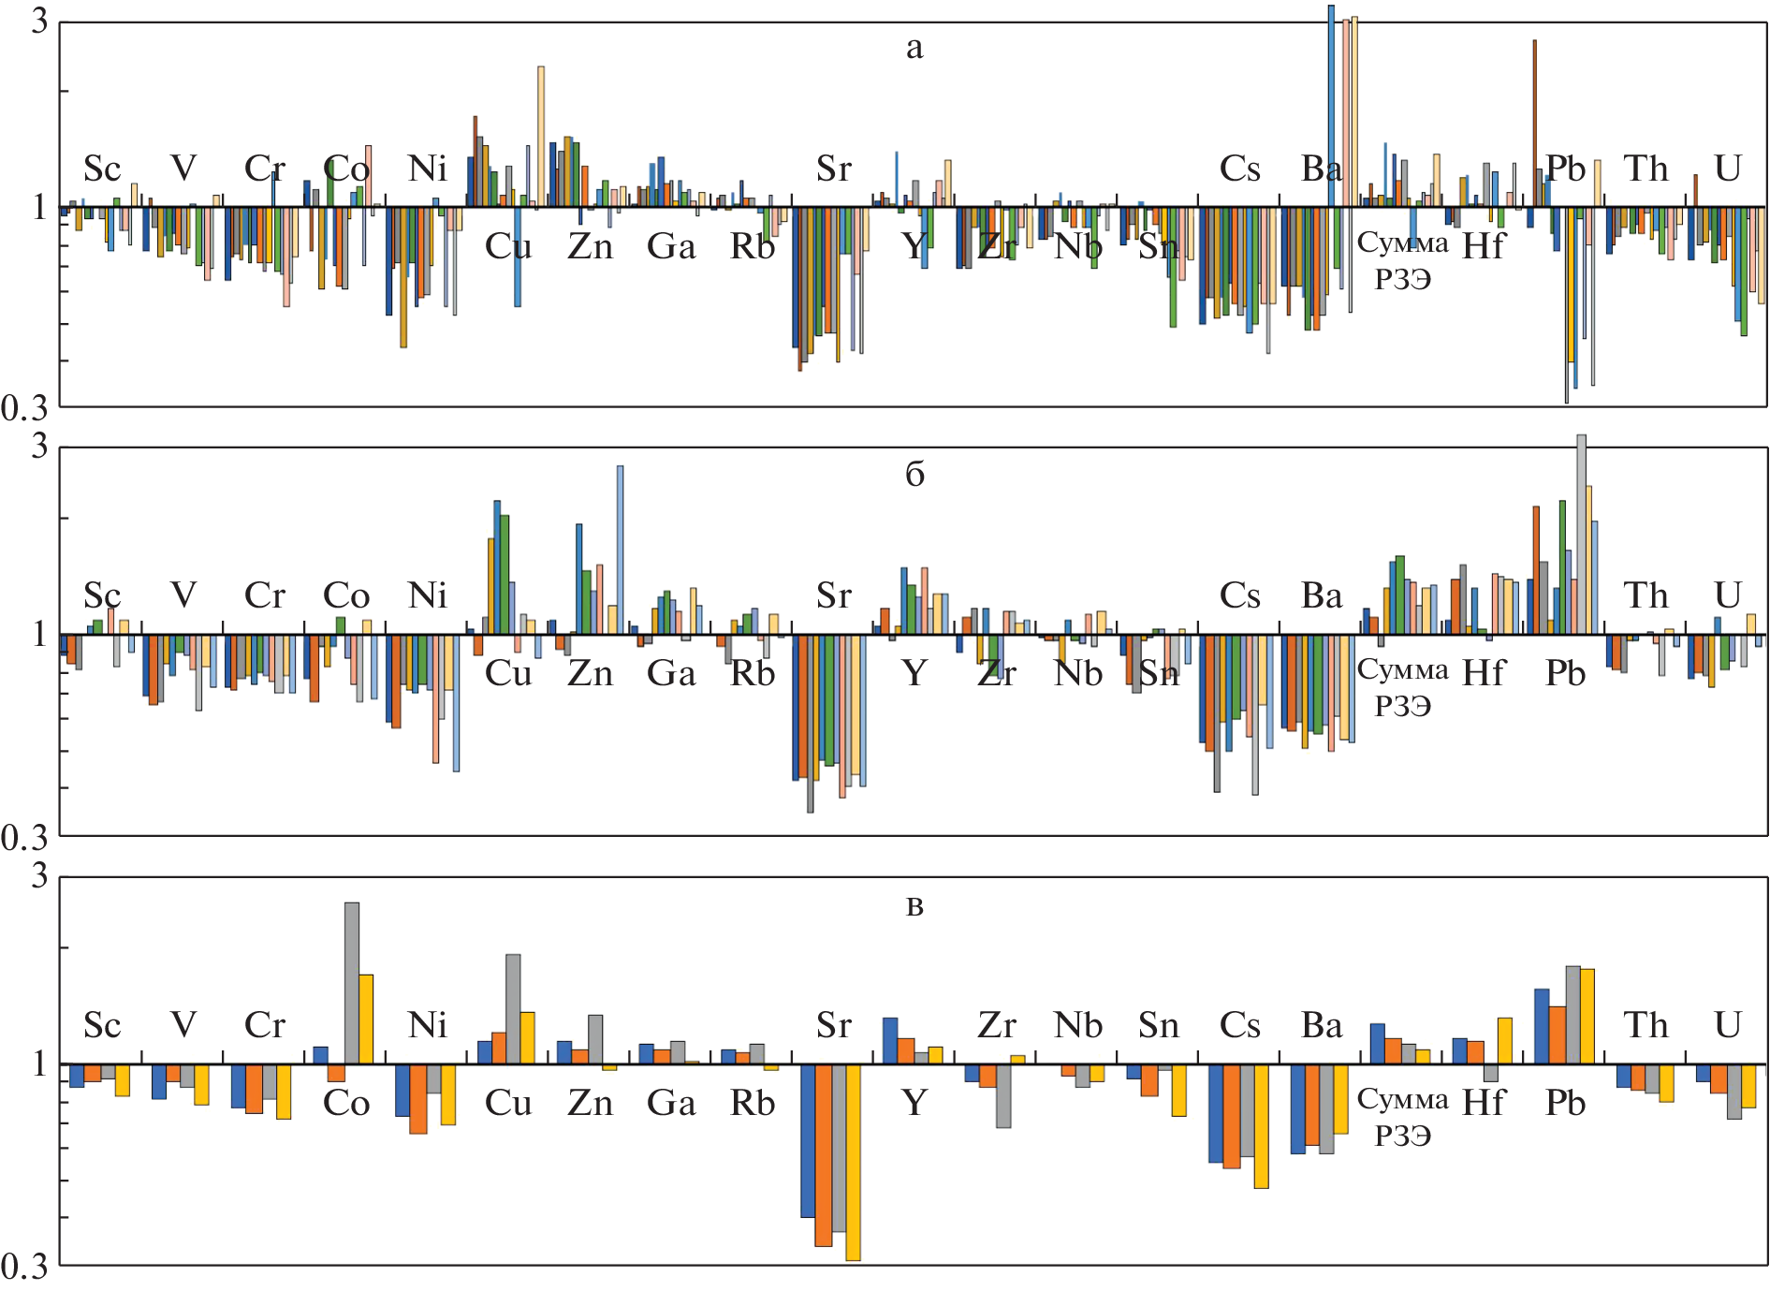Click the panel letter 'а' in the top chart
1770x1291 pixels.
pyautogui.click(x=914, y=48)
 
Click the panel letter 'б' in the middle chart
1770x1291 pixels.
pyautogui.click(x=914, y=475)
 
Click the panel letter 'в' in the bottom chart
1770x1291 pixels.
pyautogui.click(x=914, y=906)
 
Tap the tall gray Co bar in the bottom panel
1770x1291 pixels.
pyautogui.click(x=352, y=983)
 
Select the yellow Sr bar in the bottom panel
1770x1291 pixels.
pyautogui.click(x=853, y=1161)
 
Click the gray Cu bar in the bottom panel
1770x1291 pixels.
pyautogui.click(x=513, y=1008)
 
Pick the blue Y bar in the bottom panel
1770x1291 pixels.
pyautogui.click(x=890, y=1040)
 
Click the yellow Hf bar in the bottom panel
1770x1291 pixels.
pyautogui.click(x=1504, y=1040)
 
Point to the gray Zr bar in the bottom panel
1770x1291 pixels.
pyautogui.click(x=1003, y=1095)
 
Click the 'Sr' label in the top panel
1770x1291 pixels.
pyautogui.click(x=833, y=169)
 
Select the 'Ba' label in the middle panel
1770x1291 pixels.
pyautogui.click(x=1321, y=596)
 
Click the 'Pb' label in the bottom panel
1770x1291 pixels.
pyautogui.click(x=1565, y=1103)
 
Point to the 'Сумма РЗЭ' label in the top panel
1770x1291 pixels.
pyautogui.click(x=1402, y=260)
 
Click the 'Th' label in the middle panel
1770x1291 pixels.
pyautogui.click(x=1646, y=596)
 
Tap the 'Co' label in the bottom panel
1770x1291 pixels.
pyautogui.click(x=345, y=1103)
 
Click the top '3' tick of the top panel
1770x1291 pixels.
pyautogui.click(x=38, y=21)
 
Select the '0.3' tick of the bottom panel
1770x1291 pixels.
pyautogui.click(x=24, y=1266)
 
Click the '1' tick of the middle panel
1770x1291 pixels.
pyautogui.click(x=38, y=634)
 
